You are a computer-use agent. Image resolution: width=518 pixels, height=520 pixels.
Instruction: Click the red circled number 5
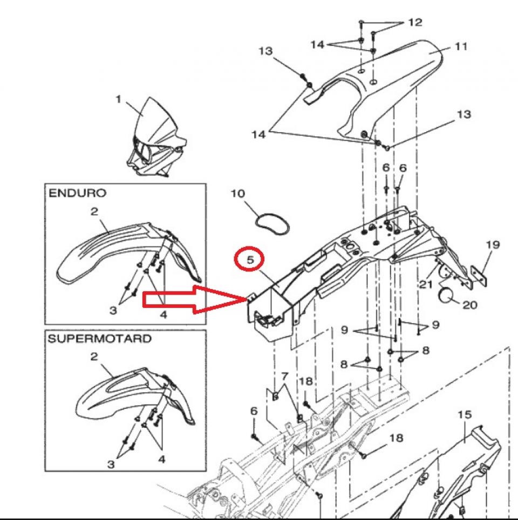pos(250,259)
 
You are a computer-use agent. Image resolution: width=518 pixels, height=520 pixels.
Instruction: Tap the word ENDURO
pos(78,193)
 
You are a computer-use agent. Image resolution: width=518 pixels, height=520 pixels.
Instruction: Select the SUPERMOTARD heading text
pos(100,339)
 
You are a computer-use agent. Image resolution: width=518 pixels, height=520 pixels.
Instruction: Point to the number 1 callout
pos(119,99)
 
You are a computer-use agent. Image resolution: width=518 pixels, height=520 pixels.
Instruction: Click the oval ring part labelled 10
pos(272,222)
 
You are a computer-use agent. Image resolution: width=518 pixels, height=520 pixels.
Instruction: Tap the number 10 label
pos(238,193)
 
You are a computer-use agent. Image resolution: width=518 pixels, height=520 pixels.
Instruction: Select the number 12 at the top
pos(415,23)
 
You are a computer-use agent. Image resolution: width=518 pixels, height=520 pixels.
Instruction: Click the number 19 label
pos(492,244)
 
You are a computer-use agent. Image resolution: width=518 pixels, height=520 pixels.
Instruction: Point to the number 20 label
pos(469,305)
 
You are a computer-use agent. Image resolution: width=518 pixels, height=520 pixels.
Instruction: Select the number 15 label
pos(464,414)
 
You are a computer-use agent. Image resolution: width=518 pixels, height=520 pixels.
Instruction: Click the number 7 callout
pos(284,375)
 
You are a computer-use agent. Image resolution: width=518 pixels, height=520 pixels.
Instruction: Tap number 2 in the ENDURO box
pos(94,211)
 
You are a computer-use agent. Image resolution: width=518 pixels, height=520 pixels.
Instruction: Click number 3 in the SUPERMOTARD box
pos(111,463)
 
